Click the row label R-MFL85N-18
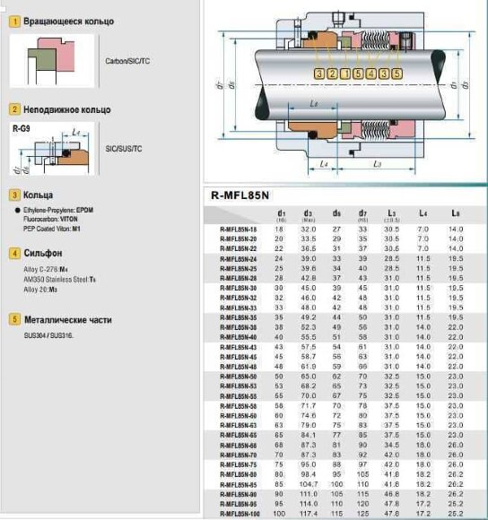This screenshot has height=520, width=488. [x=238, y=230]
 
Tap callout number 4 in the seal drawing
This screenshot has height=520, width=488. [x=370, y=73]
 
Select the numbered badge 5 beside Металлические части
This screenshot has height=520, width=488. [x=14, y=318]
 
